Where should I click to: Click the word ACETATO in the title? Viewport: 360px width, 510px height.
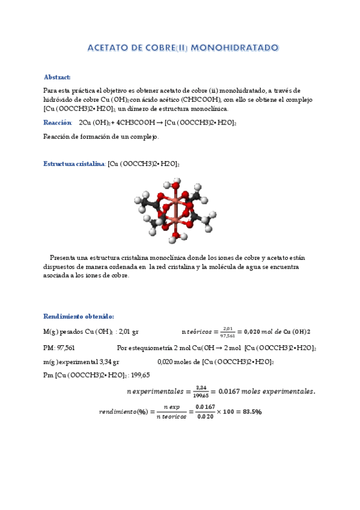(x=109, y=47)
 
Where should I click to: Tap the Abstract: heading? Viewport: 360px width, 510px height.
(x=57, y=77)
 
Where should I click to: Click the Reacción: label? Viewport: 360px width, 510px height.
(x=58, y=123)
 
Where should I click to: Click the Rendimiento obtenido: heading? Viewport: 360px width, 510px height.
(x=78, y=316)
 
